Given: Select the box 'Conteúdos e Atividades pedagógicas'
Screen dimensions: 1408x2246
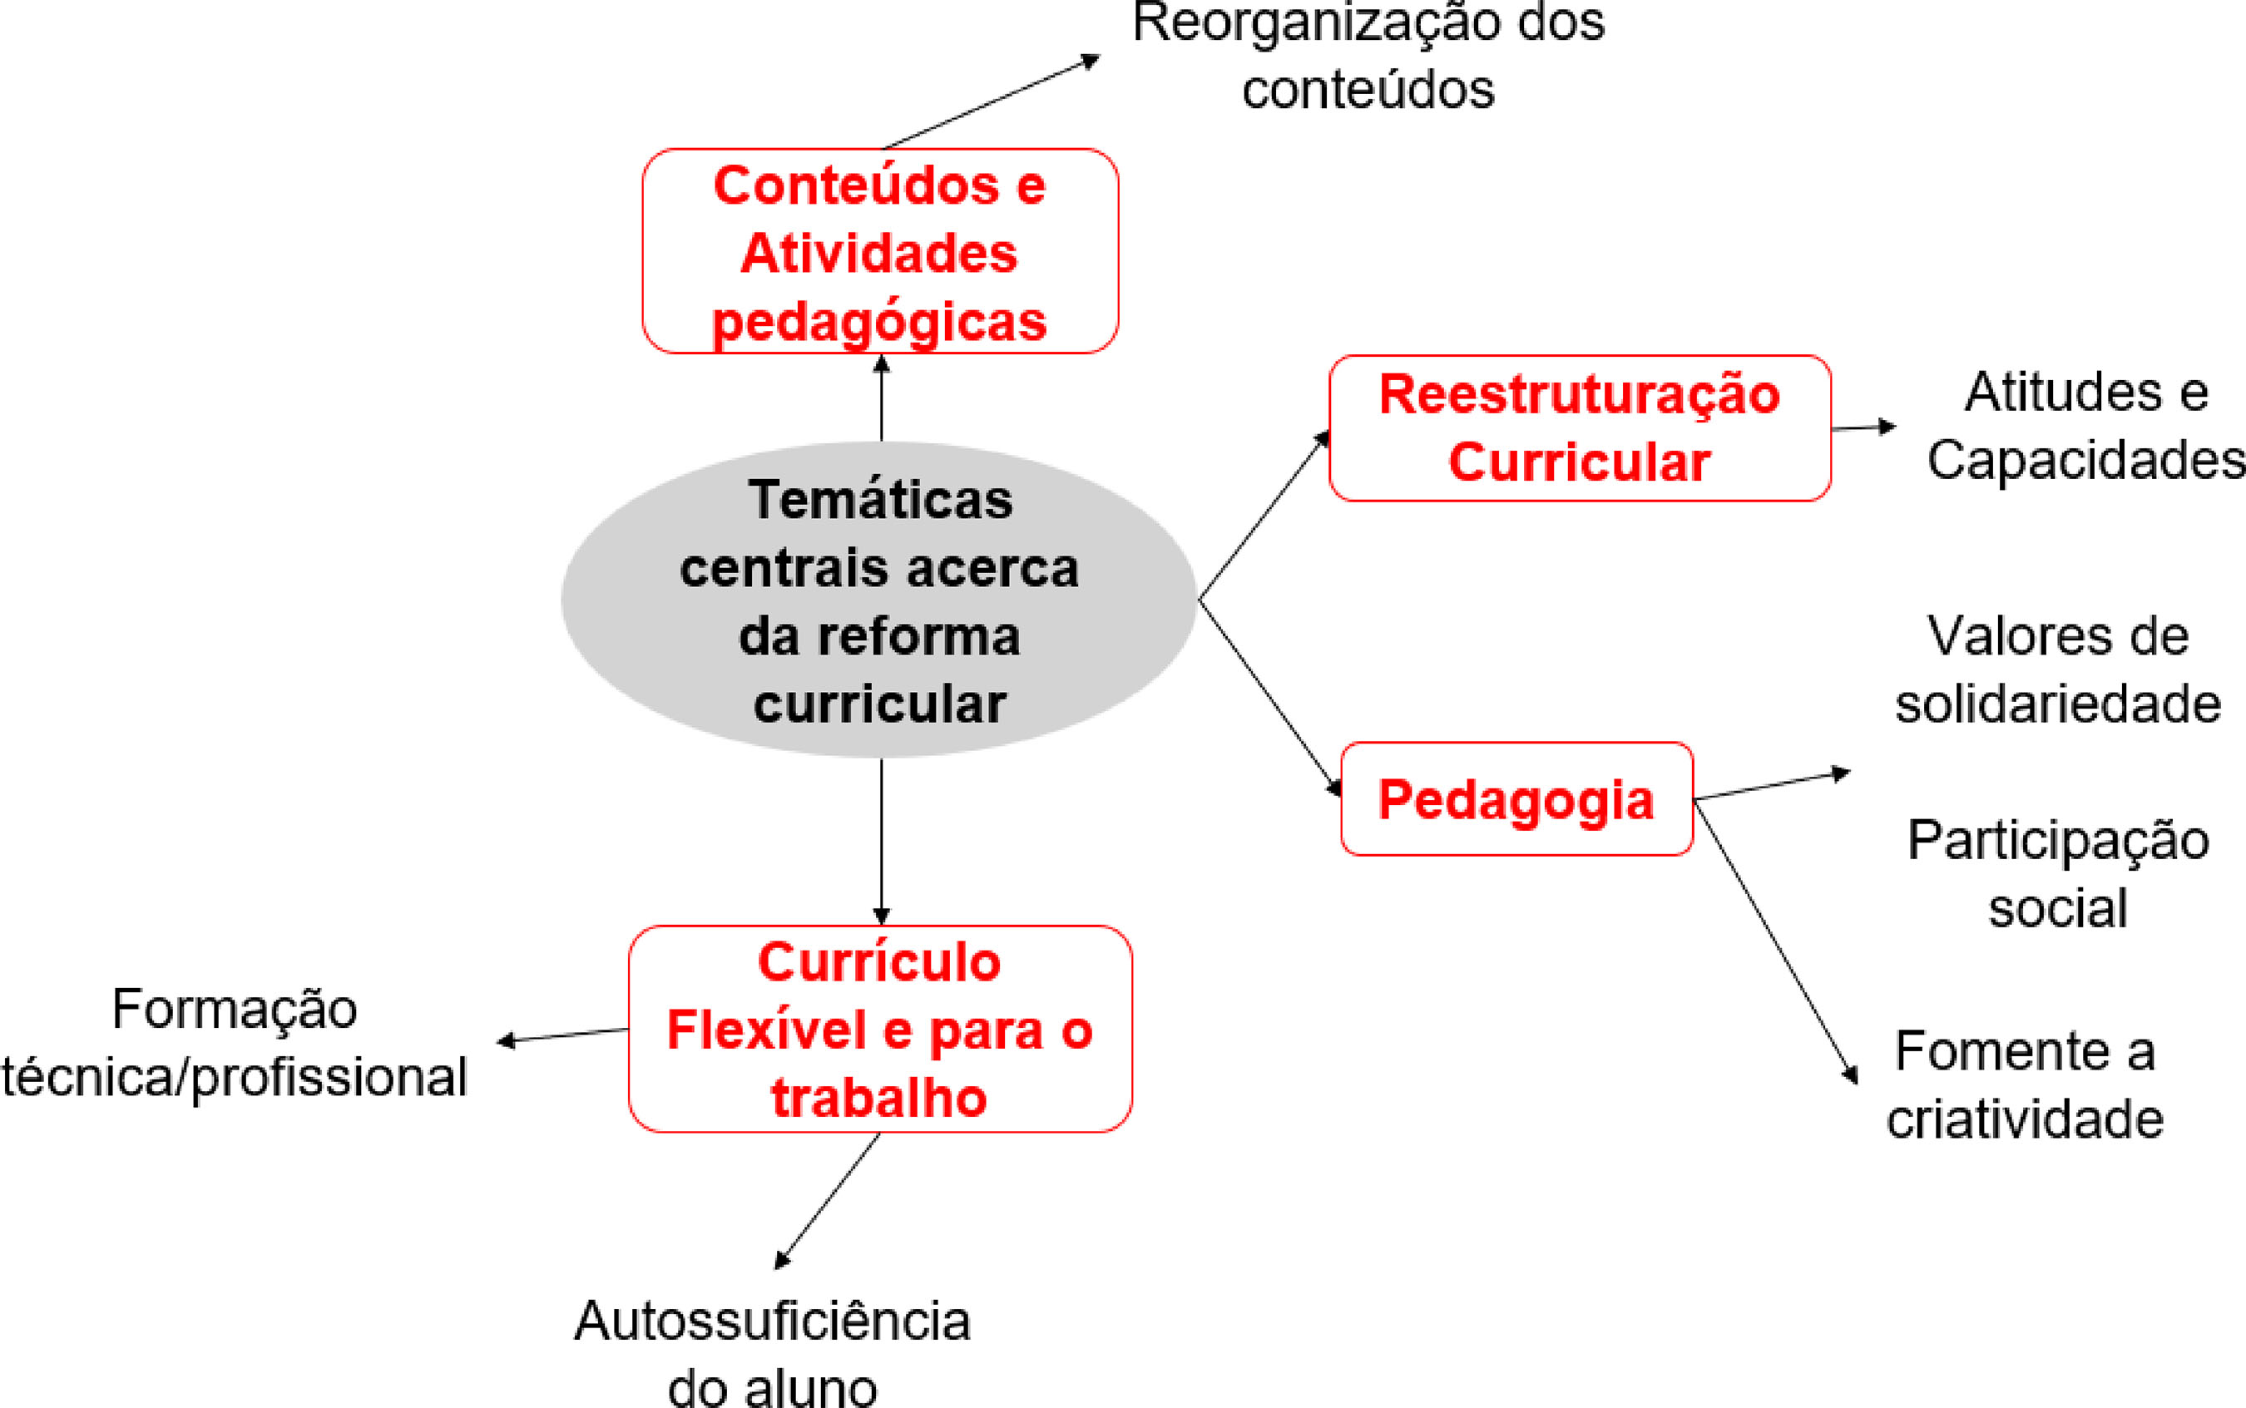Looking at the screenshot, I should (880, 251).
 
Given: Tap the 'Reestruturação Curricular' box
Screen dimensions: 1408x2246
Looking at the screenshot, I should (1580, 428).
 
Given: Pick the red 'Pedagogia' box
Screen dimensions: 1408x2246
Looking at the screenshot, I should (1516, 799).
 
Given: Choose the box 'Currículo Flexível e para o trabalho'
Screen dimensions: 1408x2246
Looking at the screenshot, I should (880, 1029).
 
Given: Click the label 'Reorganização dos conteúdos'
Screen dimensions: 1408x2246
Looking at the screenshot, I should (1368, 56).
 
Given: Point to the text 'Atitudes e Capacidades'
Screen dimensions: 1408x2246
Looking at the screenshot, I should (2085, 426).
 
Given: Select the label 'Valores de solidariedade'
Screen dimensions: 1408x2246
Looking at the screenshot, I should (2058, 669).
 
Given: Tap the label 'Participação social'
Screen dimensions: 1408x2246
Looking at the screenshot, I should (2058, 873).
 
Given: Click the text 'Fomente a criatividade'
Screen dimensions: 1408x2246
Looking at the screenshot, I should (2026, 1084).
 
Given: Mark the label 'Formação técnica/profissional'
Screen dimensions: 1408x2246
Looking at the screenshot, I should (235, 1043).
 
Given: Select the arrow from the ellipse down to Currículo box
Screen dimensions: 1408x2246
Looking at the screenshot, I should (882, 838).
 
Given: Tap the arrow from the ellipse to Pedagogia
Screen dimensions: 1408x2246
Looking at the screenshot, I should (1269, 697).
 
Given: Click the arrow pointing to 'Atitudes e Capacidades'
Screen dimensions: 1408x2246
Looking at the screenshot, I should (1863, 428).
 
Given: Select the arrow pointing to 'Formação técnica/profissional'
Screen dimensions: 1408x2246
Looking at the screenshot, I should (563, 1035).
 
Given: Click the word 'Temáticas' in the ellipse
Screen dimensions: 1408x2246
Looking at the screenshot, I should (880, 500).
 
